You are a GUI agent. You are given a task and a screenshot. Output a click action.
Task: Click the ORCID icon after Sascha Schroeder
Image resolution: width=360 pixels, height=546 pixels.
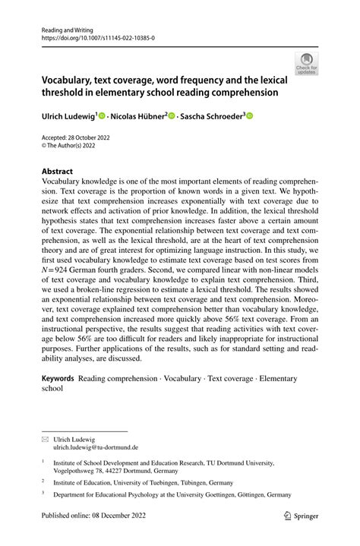point(248,116)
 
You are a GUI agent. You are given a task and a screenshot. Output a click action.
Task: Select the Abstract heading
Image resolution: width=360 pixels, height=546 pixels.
point(58,172)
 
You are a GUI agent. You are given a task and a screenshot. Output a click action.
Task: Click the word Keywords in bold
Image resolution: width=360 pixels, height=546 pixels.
point(58,377)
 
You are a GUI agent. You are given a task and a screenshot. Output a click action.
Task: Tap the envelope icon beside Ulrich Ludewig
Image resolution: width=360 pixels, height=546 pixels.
point(46,438)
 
